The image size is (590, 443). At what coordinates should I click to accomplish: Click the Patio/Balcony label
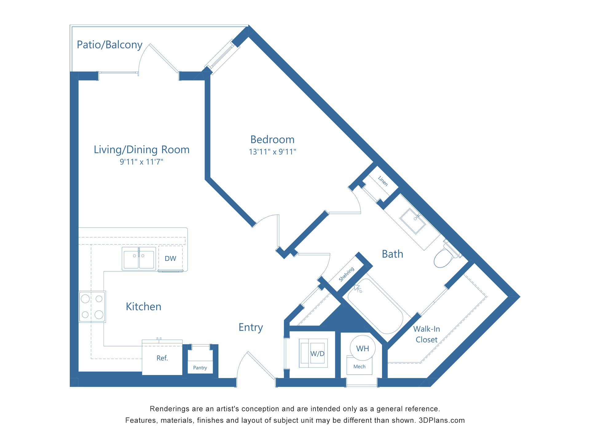[x=109, y=45]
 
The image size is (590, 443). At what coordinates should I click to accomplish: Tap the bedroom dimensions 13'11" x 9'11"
[x=272, y=152]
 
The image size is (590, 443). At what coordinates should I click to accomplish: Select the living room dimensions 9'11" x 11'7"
[x=141, y=162]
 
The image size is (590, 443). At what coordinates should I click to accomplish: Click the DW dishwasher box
[x=170, y=258]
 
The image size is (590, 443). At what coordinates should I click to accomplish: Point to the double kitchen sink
[x=139, y=259]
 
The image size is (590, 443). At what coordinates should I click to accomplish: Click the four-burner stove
[x=92, y=307]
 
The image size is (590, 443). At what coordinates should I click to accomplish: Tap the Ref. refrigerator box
[x=162, y=358]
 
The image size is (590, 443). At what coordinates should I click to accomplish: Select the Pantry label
[x=200, y=368]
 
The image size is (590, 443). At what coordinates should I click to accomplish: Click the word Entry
[x=251, y=328]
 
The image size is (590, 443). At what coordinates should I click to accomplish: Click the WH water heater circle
[x=363, y=349]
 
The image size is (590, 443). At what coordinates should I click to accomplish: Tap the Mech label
[x=359, y=366]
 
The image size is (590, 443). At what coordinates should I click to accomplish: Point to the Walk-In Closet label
[x=427, y=334]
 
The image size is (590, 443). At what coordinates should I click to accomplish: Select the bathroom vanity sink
[x=413, y=221]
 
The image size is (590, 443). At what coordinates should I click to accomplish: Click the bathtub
[x=376, y=306]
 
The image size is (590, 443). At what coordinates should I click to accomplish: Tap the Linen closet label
[x=383, y=181]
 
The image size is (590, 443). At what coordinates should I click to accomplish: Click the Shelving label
[x=346, y=274]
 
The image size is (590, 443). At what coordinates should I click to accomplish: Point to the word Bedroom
[x=272, y=140]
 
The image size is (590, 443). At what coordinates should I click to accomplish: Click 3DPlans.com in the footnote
[x=442, y=421]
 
